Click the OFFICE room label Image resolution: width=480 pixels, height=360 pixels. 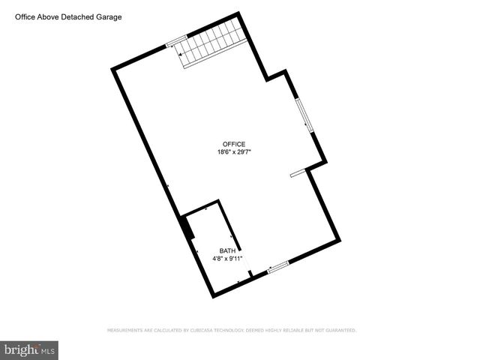point(233,144)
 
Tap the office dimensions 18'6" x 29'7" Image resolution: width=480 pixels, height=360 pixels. point(233,152)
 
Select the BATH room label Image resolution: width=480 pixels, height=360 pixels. point(226,250)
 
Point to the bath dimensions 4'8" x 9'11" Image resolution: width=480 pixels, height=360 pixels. point(226,259)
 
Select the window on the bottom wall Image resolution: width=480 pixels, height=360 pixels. point(278,265)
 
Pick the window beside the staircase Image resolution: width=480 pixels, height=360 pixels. point(175,42)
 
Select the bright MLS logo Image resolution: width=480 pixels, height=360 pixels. point(29,349)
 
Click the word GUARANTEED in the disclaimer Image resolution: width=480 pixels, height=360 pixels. point(339,330)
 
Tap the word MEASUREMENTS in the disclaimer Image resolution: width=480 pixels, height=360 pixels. point(127,330)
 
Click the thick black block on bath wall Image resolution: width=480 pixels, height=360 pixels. point(185,228)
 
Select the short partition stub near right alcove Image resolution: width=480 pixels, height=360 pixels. point(298,173)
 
